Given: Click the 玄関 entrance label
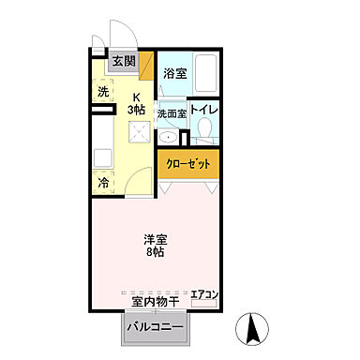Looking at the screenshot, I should click(124, 63).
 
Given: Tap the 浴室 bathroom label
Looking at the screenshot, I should click(173, 72).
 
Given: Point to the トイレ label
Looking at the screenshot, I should click(205, 110).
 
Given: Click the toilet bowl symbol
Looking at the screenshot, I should click(205, 132).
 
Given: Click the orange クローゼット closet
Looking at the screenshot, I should click(189, 163).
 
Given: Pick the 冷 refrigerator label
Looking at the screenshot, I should click(103, 183).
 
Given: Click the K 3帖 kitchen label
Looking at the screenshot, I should click(137, 103).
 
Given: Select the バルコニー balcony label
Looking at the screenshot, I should click(154, 328).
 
